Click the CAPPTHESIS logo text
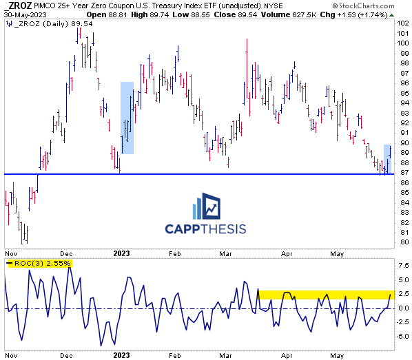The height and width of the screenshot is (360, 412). click(x=205, y=229)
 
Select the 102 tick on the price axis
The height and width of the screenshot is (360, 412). click(x=403, y=23)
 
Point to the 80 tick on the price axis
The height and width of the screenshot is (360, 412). click(x=403, y=242)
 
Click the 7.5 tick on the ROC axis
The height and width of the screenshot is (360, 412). click(x=403, y=264)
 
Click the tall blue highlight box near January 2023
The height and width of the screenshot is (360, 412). click(x=127, y=118)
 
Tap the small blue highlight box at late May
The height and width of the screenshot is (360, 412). click(x=388, y=159)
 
